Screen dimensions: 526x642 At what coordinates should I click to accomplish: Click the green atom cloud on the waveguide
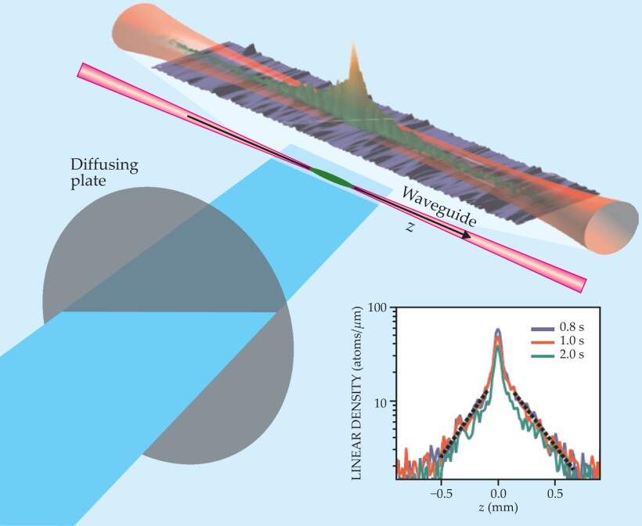tap(333, 178)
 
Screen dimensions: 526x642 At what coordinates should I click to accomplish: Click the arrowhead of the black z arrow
tap(467, 235)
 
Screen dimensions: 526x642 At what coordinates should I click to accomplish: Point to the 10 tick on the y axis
tap(384, 402)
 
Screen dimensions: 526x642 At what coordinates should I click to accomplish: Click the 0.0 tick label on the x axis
tap(499, 494)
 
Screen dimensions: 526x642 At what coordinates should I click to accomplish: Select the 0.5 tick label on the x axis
tap(555, 494)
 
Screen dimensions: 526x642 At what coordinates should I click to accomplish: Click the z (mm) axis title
tap(498, 510)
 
